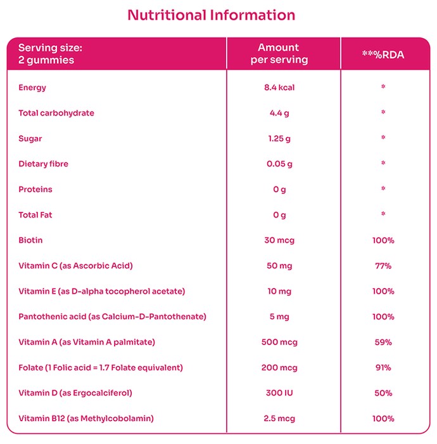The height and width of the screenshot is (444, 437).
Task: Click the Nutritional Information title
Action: pyautogui.click(x=211, y=15)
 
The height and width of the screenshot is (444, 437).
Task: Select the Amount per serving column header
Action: pyautogui.click(x=279, y=53)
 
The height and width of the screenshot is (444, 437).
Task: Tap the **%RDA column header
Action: pyautogui.click(x=383, y=55)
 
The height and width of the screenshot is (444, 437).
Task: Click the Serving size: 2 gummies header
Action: pyautogui.click(x=50, y=54)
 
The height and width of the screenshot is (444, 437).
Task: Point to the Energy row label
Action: pyautogui.click(x=32, y=88)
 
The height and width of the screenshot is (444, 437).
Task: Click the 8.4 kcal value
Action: pyautogui.click(x=279, y=88)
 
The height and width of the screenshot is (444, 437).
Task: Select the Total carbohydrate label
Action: pyautogui.click(x=56, y=113)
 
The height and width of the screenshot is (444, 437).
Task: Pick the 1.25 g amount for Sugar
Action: pyautogui.click(x=279, y=138)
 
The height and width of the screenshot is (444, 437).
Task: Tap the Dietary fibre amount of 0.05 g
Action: pyautogui.click(x=279, y=164)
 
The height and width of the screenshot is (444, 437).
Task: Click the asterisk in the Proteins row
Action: pyautogui.click(x=383, y=188)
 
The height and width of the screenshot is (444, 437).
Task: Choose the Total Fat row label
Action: pyautogui.click(x=35, y=214)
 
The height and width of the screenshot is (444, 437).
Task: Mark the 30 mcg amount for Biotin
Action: pyautogui.click(x=279, y=240)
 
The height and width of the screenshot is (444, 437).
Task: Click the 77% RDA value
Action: pyautogui.click(x=383, y=266)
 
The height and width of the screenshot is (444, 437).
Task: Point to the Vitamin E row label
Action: pyautogui.click(x=102, y=291)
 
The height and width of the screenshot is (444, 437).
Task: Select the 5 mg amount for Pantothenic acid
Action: pyautogui.click(x=279, y=317)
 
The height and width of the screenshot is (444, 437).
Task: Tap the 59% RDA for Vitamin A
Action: pyautogui.click(x=383, y=342)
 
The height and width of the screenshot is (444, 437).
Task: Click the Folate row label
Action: pyautogui.click(x=101, y=367)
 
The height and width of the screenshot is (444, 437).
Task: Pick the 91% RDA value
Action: pyautogui.click(x=383, y=367)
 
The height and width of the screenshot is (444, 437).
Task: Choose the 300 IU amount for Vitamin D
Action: pyautogui.click(x=279, y=393)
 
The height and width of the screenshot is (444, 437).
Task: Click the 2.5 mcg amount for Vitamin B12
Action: pyautogui.click(x=279, y=418)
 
